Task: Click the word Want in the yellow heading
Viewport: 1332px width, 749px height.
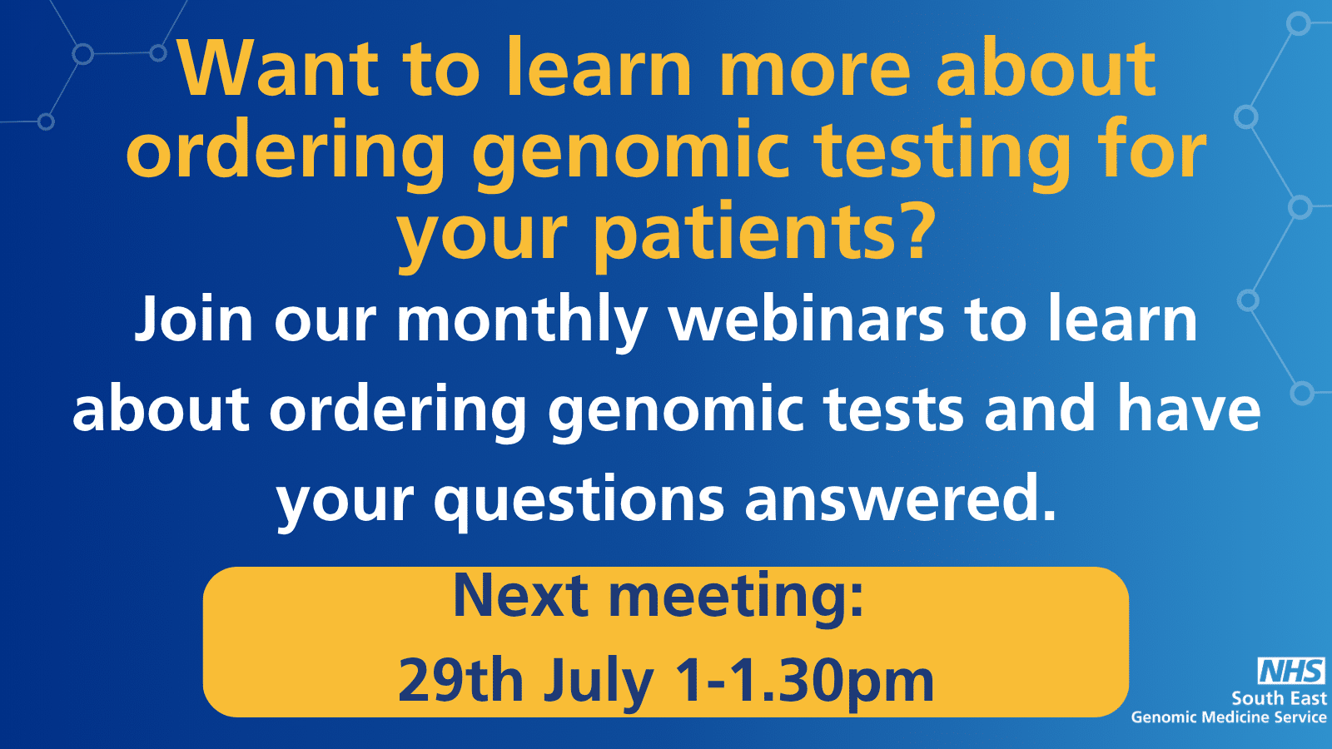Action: [x=278, y=67]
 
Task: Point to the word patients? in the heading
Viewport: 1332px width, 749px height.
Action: [x=762, y=233]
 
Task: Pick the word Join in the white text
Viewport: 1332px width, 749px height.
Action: [x=194, y=320]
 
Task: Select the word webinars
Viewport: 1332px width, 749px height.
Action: [x=807, y=320]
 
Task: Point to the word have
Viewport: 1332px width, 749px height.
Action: [x=1189, y=407]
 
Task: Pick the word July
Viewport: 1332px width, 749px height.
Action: [x=599, y=686]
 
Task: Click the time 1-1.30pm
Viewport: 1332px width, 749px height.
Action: [x=804, y=686]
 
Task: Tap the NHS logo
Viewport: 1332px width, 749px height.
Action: [x=1291, y=671]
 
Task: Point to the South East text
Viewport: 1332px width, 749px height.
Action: [x=1279, y=698]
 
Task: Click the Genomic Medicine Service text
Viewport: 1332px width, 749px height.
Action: [x=1229, y=717]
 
